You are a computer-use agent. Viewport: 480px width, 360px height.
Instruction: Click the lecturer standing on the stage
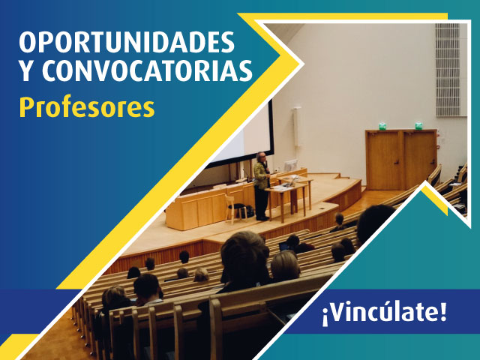[261, 187]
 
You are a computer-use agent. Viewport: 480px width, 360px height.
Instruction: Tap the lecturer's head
[262, 157]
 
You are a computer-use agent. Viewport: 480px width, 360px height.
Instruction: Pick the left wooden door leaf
[384, 160]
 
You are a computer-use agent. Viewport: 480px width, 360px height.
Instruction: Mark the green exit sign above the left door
[382, 126]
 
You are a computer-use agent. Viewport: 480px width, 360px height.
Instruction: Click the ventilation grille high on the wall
[447, 70]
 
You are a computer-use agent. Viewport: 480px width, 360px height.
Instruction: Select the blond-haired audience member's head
[285, 264]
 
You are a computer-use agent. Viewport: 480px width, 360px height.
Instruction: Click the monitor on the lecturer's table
[291, 166]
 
